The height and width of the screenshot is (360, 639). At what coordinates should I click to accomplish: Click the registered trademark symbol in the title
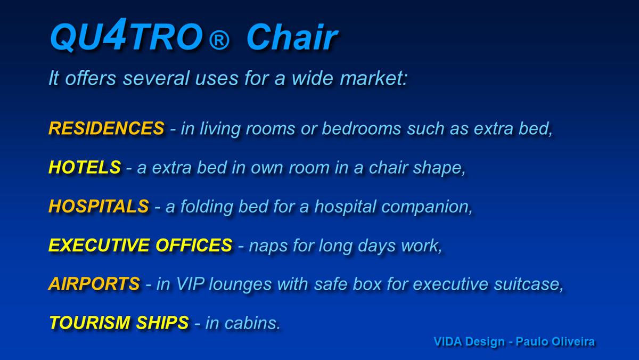tap(219, 40)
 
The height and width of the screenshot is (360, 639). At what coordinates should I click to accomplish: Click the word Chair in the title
tap(292, 37)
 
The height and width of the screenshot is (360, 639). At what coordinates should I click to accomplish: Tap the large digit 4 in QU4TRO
tap(115, 34)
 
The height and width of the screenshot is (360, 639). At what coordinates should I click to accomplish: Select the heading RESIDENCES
tap(106, 128)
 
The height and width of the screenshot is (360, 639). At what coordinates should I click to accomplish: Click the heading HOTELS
tap(85, 167)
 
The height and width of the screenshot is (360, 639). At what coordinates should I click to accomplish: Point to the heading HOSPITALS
tap(99, 206)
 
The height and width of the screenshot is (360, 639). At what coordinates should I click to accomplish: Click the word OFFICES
tap(194, 245)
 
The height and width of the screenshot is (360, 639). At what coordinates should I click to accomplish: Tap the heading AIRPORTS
tap(94, 284)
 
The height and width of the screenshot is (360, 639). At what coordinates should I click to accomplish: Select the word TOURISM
tap(89, 323)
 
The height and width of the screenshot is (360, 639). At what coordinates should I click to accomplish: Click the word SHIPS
tap(162, 323)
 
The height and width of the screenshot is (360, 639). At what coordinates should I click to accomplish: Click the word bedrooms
tap(362, 128)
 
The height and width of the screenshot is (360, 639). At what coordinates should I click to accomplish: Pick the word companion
tap(427, 206)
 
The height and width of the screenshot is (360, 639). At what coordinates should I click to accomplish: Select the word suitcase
tap(529, 284)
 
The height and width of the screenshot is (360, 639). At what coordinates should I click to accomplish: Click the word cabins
tap(252, 323)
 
